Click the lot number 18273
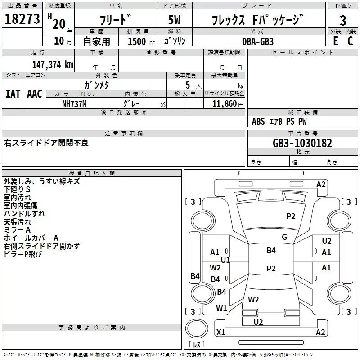22,19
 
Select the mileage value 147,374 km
53,65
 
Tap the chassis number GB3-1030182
302,143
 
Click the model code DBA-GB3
257,41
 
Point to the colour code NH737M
74,104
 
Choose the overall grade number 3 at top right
343,21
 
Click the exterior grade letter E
336,41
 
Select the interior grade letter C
350,41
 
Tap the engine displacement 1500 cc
141,41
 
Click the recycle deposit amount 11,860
225,104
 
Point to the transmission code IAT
13,94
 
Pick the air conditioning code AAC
35,94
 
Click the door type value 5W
174,20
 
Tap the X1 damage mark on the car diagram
221,332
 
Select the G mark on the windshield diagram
284,237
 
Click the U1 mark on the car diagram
225,260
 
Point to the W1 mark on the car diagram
221,308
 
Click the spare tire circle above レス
197,328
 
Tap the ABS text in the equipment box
258,121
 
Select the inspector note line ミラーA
17,230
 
